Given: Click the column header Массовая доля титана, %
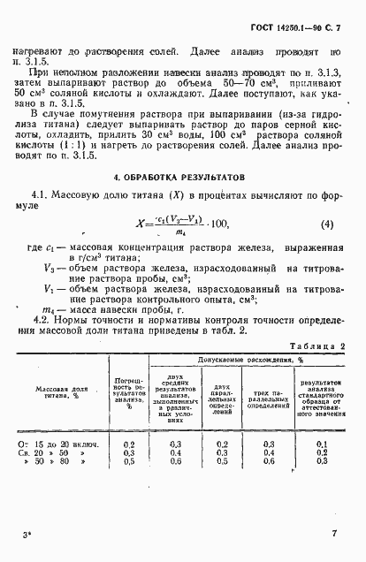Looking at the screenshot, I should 65,368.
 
